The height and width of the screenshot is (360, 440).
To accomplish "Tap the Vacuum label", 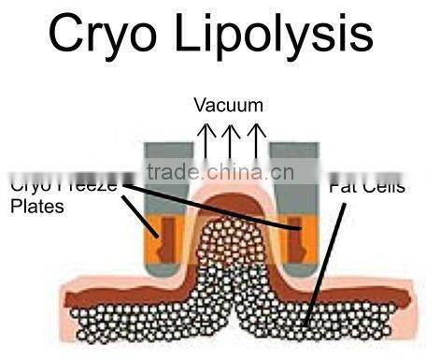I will tap(228, 105).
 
